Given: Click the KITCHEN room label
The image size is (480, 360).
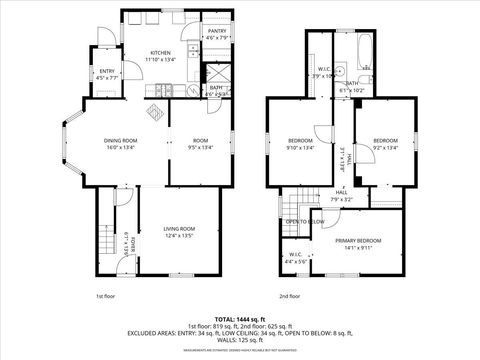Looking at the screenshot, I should pos(161,52).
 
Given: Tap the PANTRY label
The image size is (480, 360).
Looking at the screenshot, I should pos(217,31).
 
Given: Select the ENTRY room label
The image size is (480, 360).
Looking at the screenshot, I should pos(107,71).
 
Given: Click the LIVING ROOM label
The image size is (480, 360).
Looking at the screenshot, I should pos(180,229).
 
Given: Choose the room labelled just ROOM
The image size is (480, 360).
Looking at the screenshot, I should pos(200,140).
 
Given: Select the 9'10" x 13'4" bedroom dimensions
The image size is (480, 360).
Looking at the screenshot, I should pos(300,147).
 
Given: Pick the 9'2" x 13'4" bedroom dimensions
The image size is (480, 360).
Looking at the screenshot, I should pos(386,147).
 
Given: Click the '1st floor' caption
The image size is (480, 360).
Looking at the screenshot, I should pos(107,297).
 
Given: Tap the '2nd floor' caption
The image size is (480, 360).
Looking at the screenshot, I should pos(290,297).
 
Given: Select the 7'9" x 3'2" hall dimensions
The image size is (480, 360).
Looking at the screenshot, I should pos(342,200).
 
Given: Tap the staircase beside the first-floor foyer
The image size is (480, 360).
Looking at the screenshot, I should pos(106,240).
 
